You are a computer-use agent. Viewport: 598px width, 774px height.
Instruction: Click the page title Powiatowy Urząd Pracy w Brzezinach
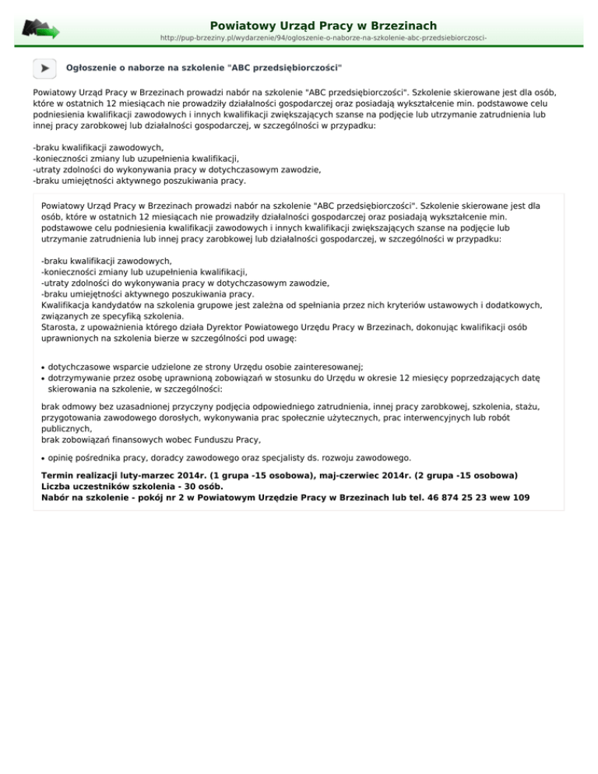[323, 26]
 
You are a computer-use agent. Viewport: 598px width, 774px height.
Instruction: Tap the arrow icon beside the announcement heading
[45, 69]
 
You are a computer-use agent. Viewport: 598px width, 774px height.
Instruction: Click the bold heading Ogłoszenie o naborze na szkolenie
[205, 69]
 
